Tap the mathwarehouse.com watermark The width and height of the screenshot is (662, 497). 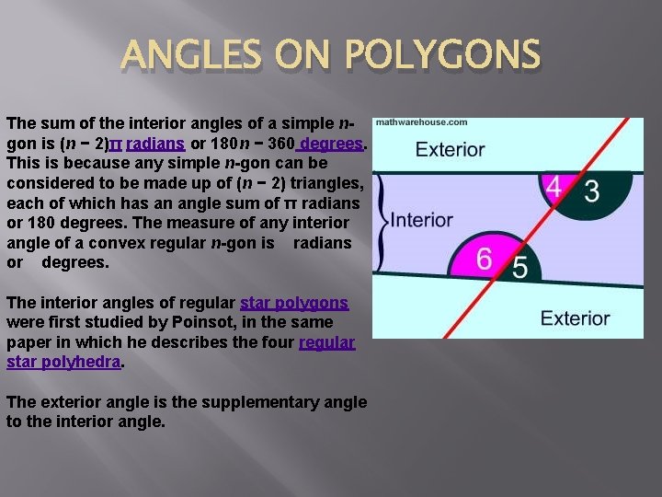tap(421, 122)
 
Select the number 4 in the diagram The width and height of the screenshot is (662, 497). tap(554, 187)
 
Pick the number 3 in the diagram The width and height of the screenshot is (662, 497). tap(591, 191)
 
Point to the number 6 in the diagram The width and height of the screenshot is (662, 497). tap(485, 259)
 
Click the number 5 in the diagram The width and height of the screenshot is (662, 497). tap(519, 268)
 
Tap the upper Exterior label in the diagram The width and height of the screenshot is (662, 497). tap(450, 149)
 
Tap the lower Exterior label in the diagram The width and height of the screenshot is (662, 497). tap(575, 318)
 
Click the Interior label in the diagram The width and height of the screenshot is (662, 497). tap(422, 220)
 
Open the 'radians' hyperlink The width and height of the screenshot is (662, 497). tap(155, 144)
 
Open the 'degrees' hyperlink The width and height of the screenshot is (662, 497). tap(333, 144)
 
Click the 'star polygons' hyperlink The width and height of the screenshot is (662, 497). tap(294, 303)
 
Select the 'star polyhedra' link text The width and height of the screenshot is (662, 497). tap(63, 362)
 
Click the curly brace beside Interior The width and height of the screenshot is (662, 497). tap(382, 221)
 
